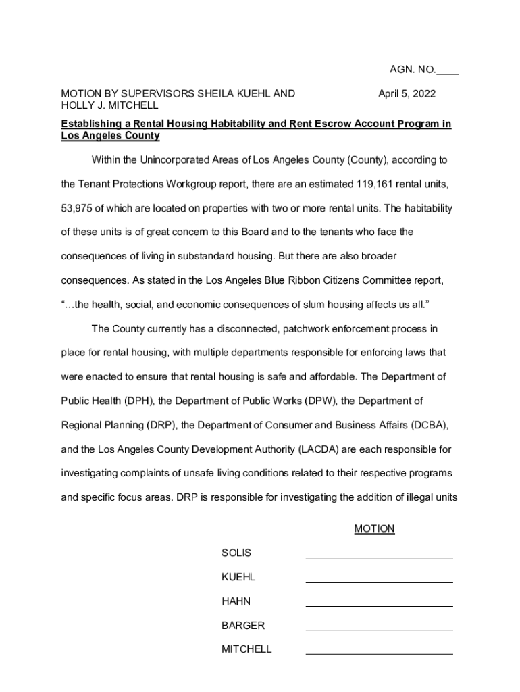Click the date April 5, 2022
tap(407, 94)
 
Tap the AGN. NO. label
tap(413, 70)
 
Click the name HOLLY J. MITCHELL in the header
tap(110, 106)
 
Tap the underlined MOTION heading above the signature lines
tap(374, 529)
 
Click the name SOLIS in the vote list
tap(236, 553)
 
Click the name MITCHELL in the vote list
tap(246, 649)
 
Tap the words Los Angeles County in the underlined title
tap(110, 136)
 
